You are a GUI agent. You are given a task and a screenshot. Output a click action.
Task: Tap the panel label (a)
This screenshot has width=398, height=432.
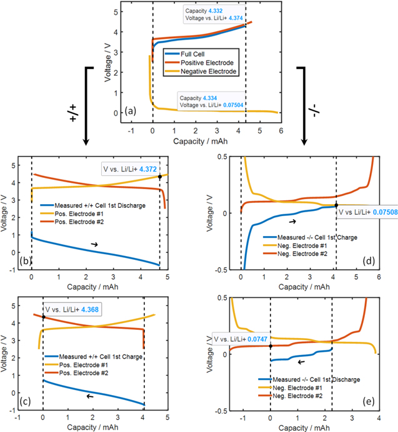[x=130, y=111]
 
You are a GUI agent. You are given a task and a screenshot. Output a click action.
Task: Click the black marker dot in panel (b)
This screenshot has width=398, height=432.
[x=160, y=177]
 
